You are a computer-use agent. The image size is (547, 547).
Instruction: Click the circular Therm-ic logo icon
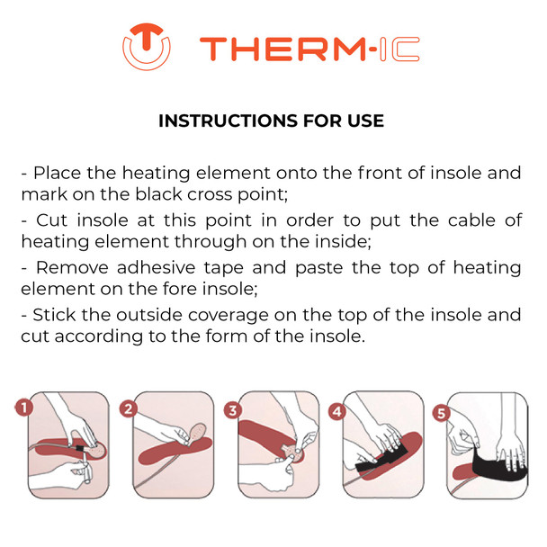(x=147, y=46)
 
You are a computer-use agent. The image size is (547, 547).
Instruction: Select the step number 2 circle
(x=129, y=409)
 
